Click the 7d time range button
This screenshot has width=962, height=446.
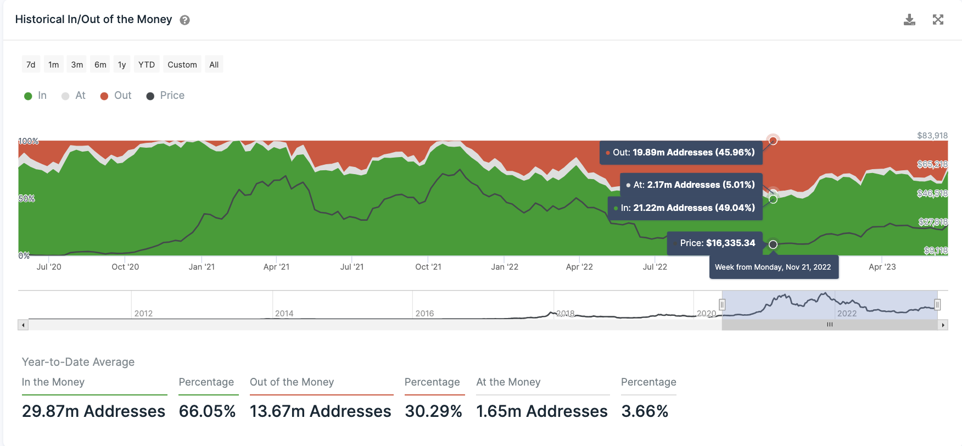31,65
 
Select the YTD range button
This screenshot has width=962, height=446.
147,65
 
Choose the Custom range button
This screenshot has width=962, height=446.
182,65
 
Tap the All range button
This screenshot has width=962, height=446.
214,65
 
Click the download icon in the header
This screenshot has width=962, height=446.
909,20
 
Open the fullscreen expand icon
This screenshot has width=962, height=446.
938,20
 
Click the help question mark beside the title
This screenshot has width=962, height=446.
185,20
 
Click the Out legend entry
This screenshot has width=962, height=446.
116,96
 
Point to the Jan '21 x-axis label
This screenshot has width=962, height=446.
202,267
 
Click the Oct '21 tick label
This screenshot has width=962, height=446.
428,267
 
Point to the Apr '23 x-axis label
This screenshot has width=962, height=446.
882,267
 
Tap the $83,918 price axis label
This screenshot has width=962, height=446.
932,136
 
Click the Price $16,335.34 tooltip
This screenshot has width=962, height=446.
714,243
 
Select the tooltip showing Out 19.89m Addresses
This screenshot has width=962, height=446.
681,152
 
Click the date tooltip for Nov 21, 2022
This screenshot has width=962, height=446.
773,267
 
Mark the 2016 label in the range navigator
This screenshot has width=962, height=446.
424,314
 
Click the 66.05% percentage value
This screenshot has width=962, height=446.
207,411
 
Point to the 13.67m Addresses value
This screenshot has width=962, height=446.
320,411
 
